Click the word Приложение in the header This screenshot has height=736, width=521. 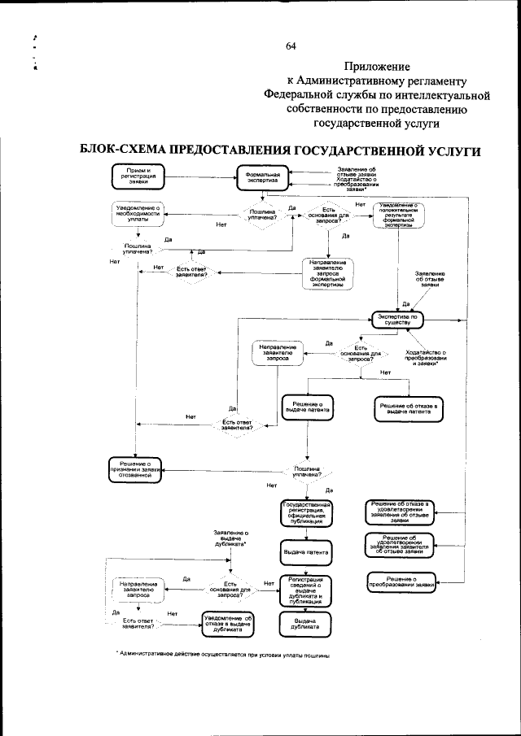[x=376, y=66]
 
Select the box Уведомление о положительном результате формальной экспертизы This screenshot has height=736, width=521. [x=398, y=216]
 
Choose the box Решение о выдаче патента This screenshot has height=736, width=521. [x=308, y=406]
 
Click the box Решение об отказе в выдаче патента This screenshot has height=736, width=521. [x=409, y=408]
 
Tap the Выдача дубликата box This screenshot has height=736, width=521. [x=305, y=623]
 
